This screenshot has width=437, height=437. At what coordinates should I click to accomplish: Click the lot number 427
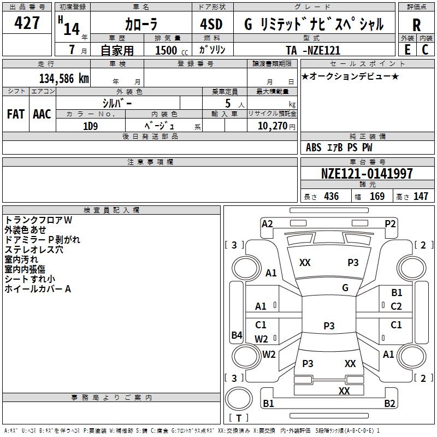(x=27, y=23)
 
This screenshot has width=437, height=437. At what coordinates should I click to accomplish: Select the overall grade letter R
(x=417, y=25)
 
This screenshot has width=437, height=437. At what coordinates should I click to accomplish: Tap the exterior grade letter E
(x=407, y=49)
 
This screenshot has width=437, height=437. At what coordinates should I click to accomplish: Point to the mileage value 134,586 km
(x=64, y=79)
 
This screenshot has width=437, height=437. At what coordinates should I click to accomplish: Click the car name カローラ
(x=141, y=25)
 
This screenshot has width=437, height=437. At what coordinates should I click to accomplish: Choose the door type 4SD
(x=211, y=25)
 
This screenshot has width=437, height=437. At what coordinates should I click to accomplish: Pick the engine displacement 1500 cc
(x=167, y=50)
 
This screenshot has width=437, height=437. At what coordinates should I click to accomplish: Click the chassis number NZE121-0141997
(x=367, y=174)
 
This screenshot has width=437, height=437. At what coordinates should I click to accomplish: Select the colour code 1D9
(x=90, y=126)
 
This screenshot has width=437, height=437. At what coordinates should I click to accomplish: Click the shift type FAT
(x=16, y=114)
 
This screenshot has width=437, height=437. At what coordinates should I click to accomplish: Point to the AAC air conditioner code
(x=42, y=114)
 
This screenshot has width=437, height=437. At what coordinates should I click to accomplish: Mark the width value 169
(x=377, y=196)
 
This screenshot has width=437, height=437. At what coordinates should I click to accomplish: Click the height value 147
(x=421, y=196)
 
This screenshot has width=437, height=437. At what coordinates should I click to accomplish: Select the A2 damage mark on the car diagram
(x=267, y=223)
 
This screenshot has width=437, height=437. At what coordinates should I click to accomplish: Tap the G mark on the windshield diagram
(x=345, y=287)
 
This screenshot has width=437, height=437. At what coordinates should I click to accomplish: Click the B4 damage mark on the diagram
(x=237, y=335)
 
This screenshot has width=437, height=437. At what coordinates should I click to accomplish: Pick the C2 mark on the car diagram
(x=396, y=306)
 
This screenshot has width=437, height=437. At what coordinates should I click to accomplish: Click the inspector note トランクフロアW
(x=38, y=220)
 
